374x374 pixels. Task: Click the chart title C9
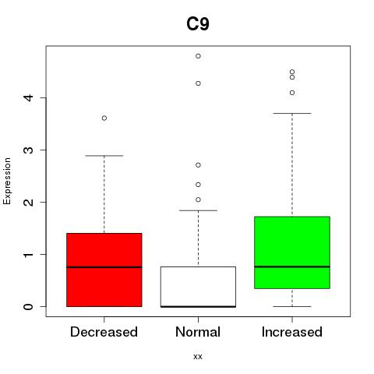pyautogui.click(x=198, y=24)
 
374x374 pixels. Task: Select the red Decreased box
pyautogui.click(x=104, y=270)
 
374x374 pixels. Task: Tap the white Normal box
pyautogui.click(x=198, y=287)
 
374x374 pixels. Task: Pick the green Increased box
pyautogui.click(x=292, y=252)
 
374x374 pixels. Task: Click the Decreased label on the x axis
pyautogui.click(x=104, y=332)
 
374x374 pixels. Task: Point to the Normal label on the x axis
pyautogui.click(x=198, y=332)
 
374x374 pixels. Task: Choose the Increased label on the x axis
pyautogui.click(x=292, y=332)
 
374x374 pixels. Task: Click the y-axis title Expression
pyautogui.click(x=7, y=181)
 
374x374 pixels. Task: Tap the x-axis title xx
pyautogui.click(x=198, y=357)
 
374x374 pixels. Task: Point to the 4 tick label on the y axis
pyautogui.click(x=29, y=98)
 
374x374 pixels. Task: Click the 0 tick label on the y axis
pyautogui.click(x=29, y=307)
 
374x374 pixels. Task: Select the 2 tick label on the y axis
pyautogui.click(x=29, y=202)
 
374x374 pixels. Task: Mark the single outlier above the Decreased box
pyautogui.click(x=104, y=118)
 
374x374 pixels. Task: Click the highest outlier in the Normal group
pyautogui.click(x=198, y=56)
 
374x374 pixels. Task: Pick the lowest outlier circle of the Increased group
pyautogui.click(x=292, y=93)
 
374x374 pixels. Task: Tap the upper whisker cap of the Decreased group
pyautogui.click(x=104, y=156)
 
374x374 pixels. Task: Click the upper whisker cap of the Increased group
pyautogui.click(x=292, y=113)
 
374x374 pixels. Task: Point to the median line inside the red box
pyautogui.click(x=104, y=267)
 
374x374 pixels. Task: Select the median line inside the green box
pyautogui.click(x=292, y=266)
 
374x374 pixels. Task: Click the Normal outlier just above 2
pyautogui.click(x=198, y=199)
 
